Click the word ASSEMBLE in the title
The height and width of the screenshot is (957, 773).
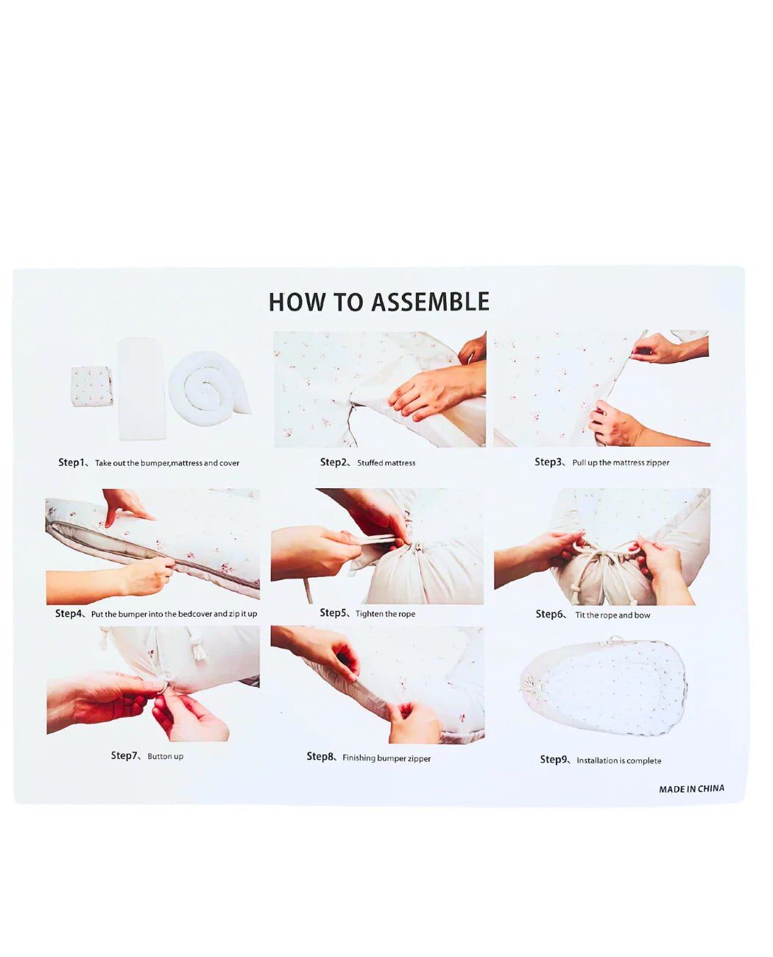point(430,302)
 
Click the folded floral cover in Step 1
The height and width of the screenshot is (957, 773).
point(91,386)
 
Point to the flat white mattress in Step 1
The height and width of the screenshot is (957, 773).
point(142,388)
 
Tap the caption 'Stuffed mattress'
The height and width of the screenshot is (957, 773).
point(386,463)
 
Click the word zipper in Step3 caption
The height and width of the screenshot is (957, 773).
point(657,463)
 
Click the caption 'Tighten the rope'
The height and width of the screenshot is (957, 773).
point(385,614)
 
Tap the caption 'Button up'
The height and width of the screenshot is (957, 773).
point(166,757)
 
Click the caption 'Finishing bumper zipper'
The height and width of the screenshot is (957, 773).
point(386,758)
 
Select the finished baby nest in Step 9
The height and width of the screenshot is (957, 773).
point(604,688)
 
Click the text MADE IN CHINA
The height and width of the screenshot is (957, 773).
point(691,789)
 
